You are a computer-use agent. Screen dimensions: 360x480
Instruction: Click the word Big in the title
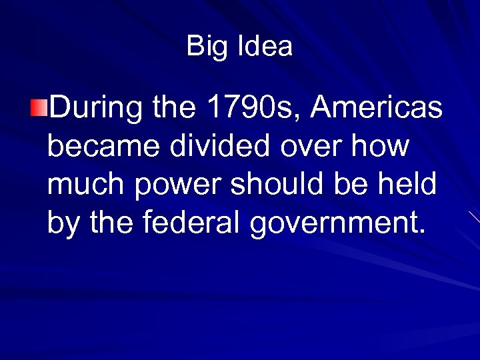tap(203, 47)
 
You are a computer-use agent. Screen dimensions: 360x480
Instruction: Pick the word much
tap(87, 185)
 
